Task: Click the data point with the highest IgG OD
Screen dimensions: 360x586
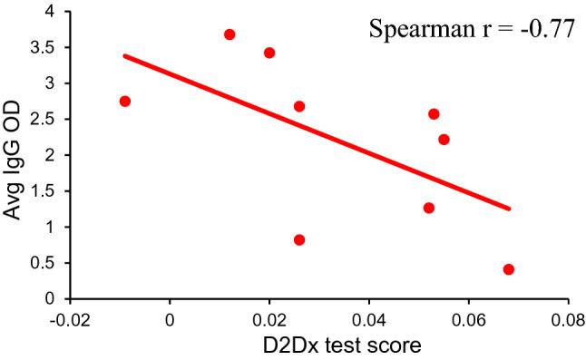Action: coord(230,34)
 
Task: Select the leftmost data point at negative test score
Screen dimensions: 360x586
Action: coord(125,101)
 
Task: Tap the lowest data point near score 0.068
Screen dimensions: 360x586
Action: coord(509,269)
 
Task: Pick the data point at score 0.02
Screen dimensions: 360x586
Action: coord(269,53)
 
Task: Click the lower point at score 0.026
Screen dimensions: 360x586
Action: coord(299,239)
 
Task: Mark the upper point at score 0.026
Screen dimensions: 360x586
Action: coord(299,106)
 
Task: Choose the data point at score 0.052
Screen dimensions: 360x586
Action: coord(429,208)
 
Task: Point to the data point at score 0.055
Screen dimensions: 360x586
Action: coord(444,140)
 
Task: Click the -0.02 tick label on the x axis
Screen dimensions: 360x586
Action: coord(70,319)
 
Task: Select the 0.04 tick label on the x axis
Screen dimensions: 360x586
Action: coord(368,319)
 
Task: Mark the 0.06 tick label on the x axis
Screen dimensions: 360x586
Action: coord(468,319)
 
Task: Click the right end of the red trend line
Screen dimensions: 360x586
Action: coord(510,209)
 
